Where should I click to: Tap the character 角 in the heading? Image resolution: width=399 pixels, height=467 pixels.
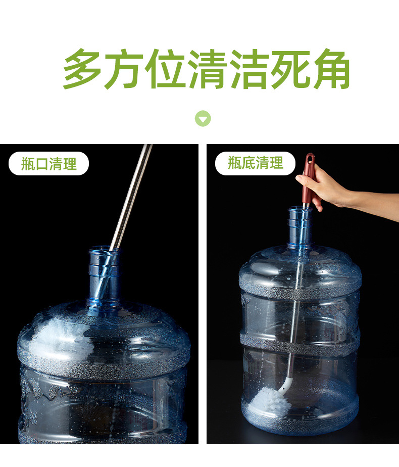330,69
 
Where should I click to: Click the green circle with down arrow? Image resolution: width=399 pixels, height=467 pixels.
203,119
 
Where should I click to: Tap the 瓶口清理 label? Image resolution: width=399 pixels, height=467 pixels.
49,163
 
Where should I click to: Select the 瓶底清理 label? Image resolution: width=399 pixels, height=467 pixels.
255,163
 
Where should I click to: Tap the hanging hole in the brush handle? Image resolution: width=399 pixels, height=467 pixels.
309,161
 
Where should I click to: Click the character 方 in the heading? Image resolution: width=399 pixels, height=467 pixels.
125,69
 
